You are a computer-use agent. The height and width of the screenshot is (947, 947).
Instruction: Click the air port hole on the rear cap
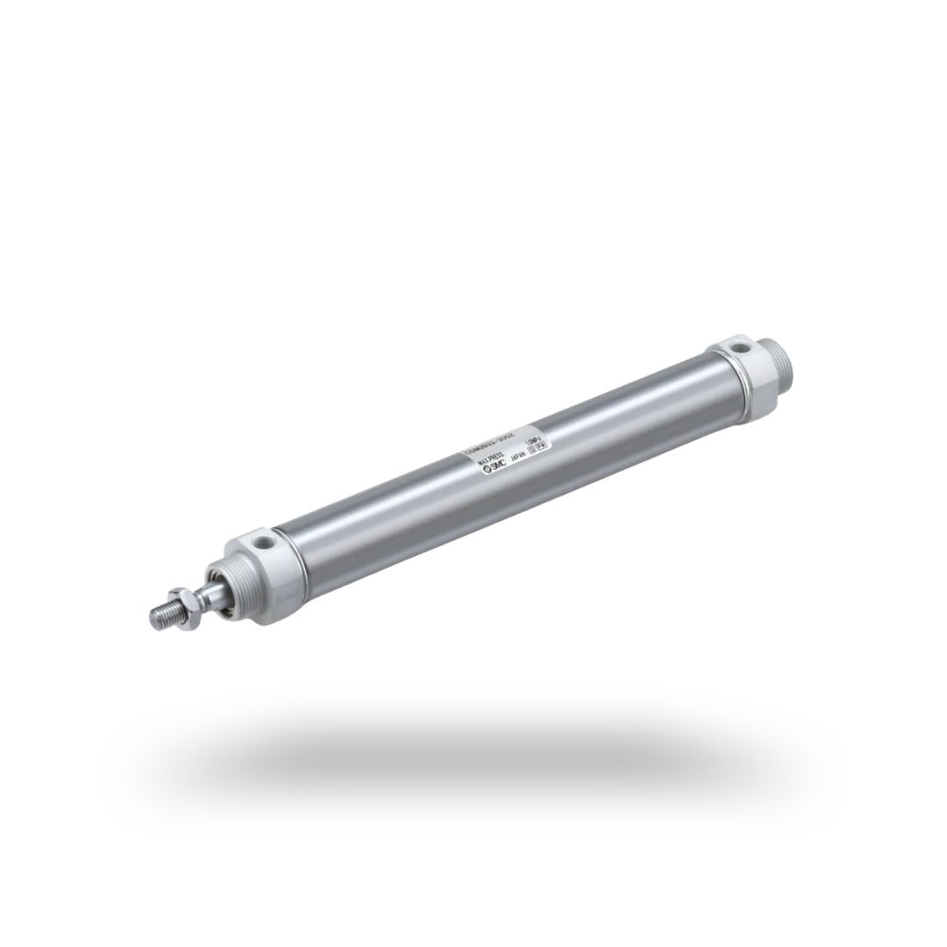[x=742, y=347]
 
